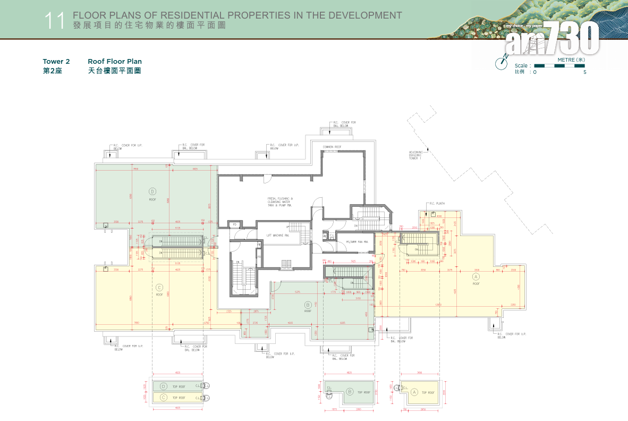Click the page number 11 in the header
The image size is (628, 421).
click(55, 21)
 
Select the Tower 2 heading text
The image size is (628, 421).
click(56, 62)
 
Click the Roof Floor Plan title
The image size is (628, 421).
click(115, 62)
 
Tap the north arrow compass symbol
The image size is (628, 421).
click(501, 62)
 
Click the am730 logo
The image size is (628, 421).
click(553, 40)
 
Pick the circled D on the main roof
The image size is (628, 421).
click(152, 191)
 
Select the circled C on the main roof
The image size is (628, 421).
click(159, 287)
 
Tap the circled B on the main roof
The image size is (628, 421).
click(308, 305)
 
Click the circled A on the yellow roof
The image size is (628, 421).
click(476, 277)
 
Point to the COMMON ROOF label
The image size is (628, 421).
click(332, 147)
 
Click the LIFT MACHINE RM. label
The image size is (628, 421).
click(278, 234)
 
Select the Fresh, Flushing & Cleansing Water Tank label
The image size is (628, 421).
click(280, 201)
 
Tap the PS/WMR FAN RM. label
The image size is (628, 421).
click(357, 242)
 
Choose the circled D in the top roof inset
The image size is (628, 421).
click(164, 386)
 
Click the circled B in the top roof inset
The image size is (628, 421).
click(350, 392)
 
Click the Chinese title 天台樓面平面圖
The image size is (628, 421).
click(114, 71)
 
